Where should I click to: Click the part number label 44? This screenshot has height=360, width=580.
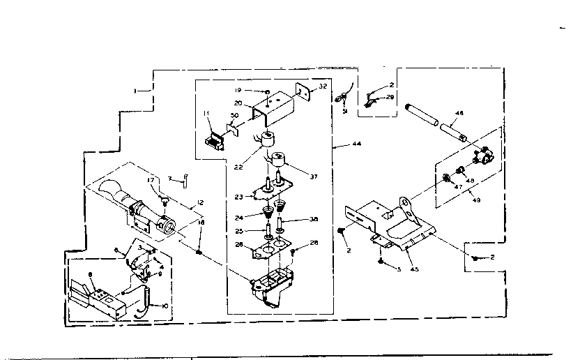pos(356,144)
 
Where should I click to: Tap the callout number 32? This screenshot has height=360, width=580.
pos(323,87)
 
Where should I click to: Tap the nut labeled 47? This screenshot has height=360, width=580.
pos(444,178)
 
